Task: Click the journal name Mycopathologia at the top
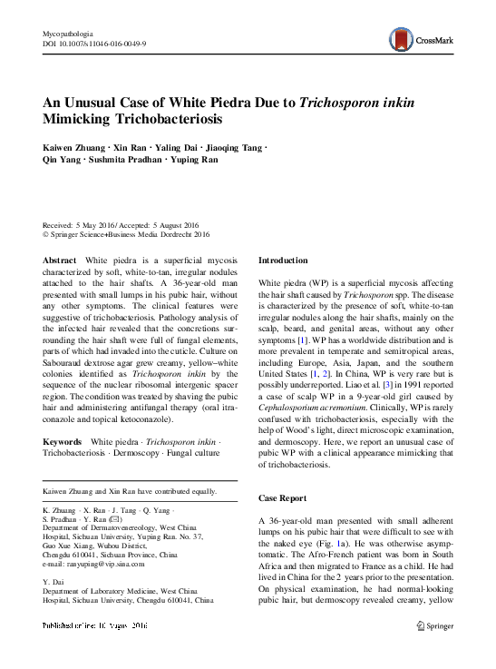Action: tap(70, 32)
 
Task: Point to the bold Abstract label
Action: tap(60, 260)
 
